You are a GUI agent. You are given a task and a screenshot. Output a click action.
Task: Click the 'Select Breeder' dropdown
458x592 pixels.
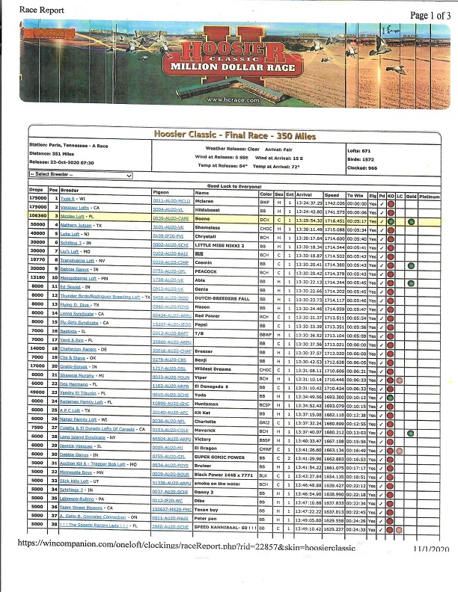(81, 175)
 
